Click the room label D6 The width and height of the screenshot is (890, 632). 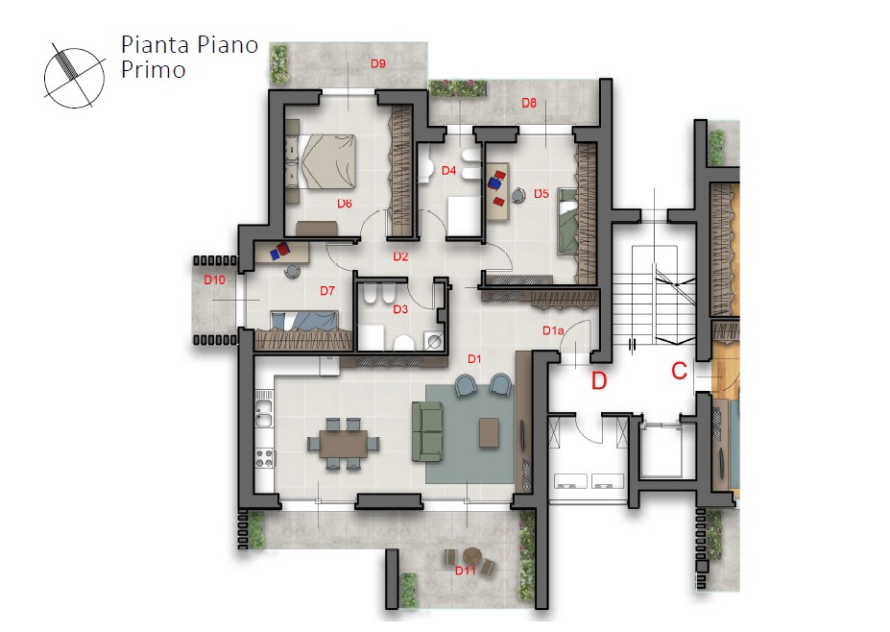345,204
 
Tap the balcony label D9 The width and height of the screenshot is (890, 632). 378,63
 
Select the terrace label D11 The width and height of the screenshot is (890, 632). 465,571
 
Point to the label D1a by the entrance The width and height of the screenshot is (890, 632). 553,330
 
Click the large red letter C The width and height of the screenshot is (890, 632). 680,371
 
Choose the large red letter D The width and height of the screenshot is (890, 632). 599,380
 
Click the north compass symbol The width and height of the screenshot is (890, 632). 74,77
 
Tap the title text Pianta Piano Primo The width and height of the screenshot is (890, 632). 189,57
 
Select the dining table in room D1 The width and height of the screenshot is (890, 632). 344,444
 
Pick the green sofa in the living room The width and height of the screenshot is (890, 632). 427,430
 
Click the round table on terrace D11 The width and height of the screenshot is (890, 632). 471,554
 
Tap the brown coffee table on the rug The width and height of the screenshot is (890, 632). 490,432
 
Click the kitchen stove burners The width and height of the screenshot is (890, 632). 264,458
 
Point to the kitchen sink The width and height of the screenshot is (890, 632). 264,414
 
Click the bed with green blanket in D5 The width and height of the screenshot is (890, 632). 567,222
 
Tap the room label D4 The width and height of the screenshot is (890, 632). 448,170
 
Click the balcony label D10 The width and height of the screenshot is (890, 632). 214,280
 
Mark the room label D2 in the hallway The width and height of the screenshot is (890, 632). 400,256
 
